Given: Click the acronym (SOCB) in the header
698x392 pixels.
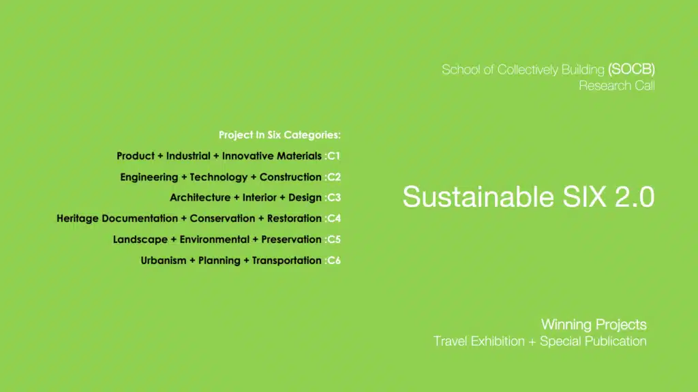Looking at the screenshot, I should pyautogui.click(x=632, y=69).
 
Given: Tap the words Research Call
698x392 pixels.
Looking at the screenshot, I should pyautogui.click(x=616, y=86).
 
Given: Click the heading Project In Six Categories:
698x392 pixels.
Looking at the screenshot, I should pyautogui.click(x=279, y=135).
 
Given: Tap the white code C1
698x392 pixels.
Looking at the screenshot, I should pyautogui.click(x=334, y=156).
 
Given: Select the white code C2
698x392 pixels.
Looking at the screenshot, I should pyautogui.click(x=334, y=177).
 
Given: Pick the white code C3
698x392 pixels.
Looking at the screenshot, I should pyautogui.click(x=334, y=198).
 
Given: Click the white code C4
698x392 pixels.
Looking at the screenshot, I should pyautogui.click(x=334, y=218).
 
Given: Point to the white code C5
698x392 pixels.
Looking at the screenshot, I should pyautogui.click(x=334, y=240).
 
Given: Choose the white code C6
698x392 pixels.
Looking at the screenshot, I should pyautogui.click(x=334, y=261).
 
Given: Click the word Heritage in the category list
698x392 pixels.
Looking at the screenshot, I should pyautogui.click(x=78, y=218).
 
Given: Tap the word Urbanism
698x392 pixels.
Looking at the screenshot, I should pyautogui.click(x=164, y=261).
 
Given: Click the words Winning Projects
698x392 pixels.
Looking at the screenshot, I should pyautogui.click(x=594, y=325).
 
